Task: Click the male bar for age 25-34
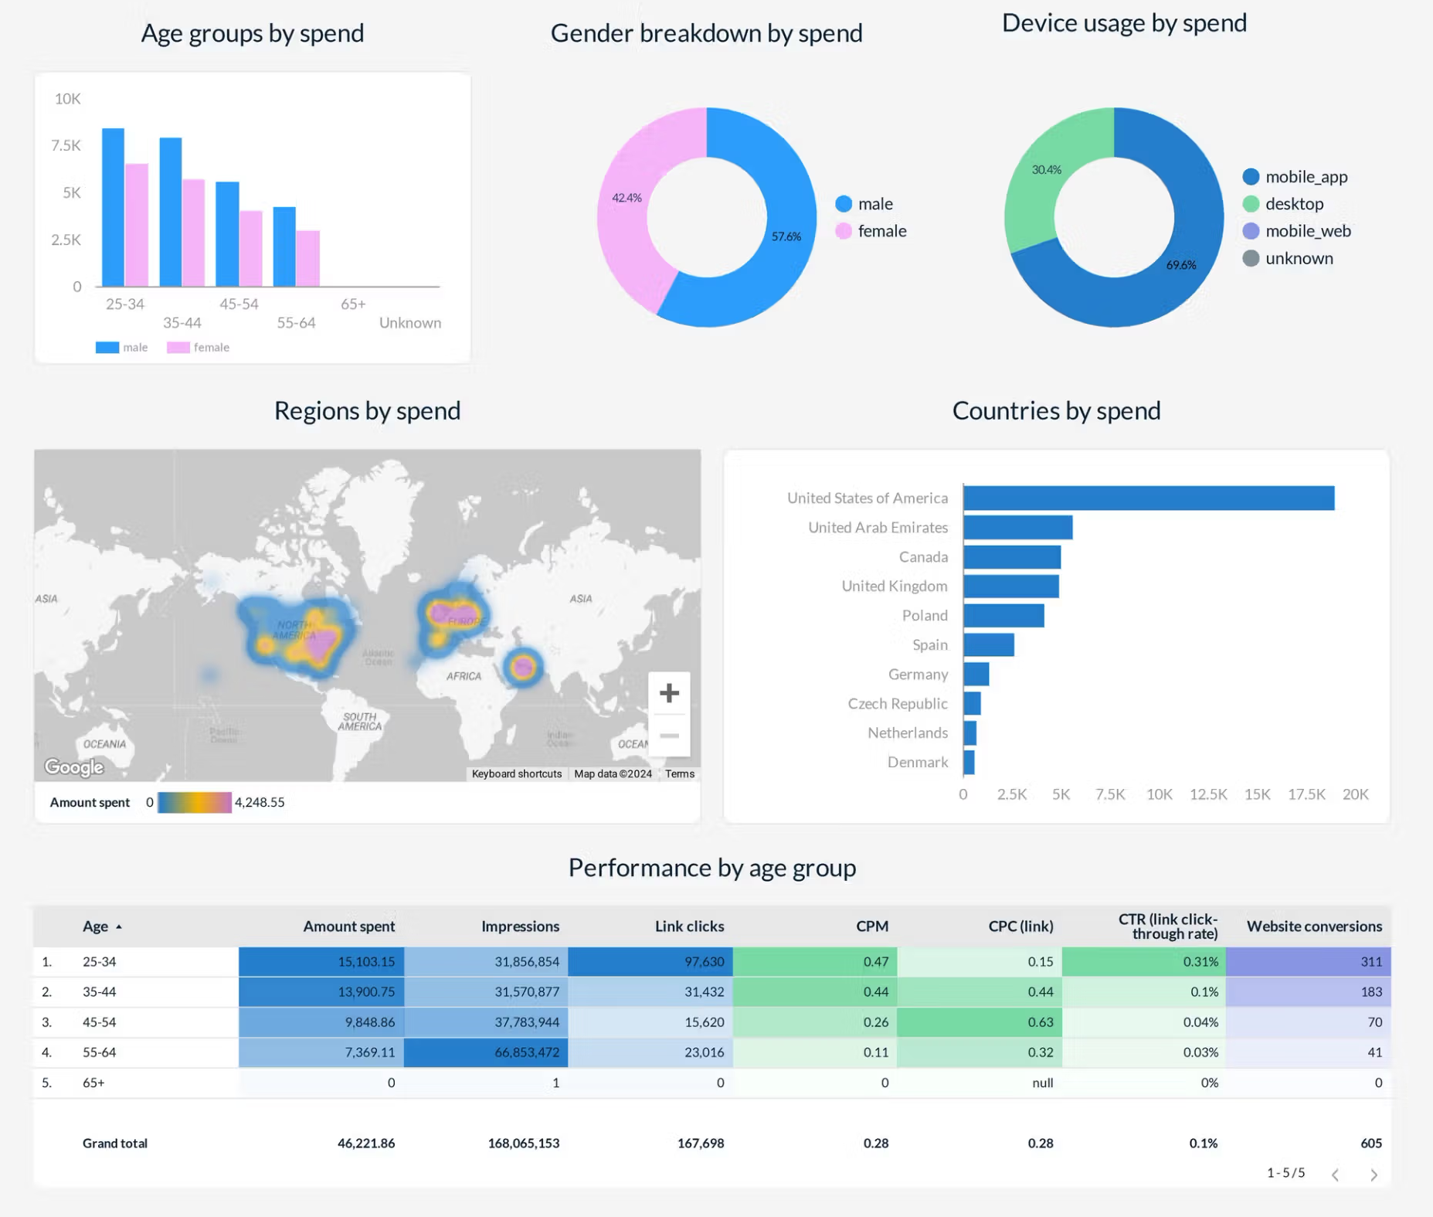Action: click(113, 207)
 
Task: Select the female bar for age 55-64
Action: click(307, 258)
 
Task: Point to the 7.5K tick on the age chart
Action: click(66, 145)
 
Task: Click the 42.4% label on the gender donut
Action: click(627, 198)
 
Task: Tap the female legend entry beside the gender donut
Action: click(871, 231)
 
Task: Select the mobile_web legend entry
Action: click(1297, 231)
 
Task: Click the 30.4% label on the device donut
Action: click(1046, 170)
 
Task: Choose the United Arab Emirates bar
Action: click(1018, 528)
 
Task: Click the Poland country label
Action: click(925, 616)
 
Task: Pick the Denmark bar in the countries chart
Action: click(969, 763)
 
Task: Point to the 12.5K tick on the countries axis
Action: click(1208, 794)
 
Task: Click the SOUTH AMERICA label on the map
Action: click(360, 722)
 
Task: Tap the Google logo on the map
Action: click(74, 767)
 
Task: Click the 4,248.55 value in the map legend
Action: click(260, 802)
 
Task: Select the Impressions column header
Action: click(520, 926)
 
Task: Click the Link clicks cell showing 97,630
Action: click(704, 962)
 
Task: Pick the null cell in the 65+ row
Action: click(1042, 1083)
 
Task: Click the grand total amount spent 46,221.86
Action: click(366, 1143)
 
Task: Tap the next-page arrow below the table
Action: click(1374, 1175)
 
